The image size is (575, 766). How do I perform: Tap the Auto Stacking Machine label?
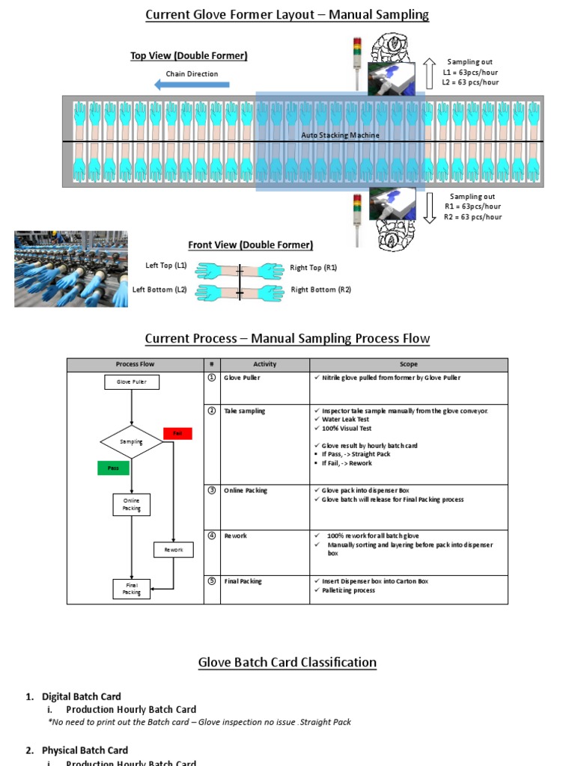(340, 135)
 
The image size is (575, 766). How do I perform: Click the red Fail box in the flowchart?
(177, 433)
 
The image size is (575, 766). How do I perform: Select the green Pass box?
(113, 468)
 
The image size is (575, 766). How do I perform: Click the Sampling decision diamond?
(132, 442)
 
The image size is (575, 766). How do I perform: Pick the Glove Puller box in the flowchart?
(131, 382)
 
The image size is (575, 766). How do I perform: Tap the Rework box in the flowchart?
(174, 550)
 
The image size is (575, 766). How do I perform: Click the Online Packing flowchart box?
(132, 504)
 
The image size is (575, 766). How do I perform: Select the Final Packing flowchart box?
(132, 589)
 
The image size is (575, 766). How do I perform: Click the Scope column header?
(409, 364)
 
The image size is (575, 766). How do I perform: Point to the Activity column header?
(265, 364)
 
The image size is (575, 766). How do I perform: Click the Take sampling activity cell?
(245, 411)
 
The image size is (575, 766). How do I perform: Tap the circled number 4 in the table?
(212, 536)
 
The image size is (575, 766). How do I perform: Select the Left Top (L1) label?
(166, 266)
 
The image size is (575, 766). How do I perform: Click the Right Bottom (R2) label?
(320, 289)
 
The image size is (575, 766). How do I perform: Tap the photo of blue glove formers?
(70, 269)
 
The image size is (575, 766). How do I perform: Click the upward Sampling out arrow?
(430, 73)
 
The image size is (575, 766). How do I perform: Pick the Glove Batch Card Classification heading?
(287, 662)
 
